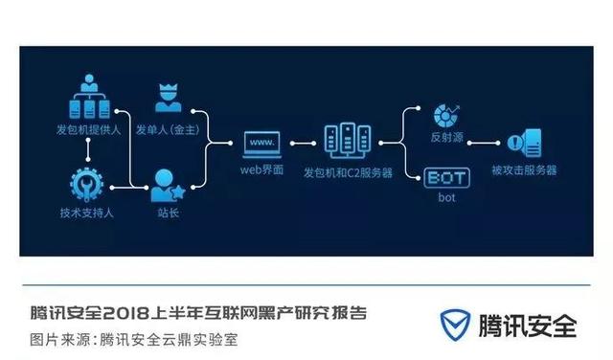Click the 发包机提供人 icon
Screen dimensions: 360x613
pyautogui.click(x=88, y=101)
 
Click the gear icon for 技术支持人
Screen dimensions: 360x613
pyautogui.click(x=88, y=182)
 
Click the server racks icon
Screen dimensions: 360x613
pyautogui.click(x=344, y=141)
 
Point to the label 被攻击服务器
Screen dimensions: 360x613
pyautogui.click(x=523, y=170)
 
